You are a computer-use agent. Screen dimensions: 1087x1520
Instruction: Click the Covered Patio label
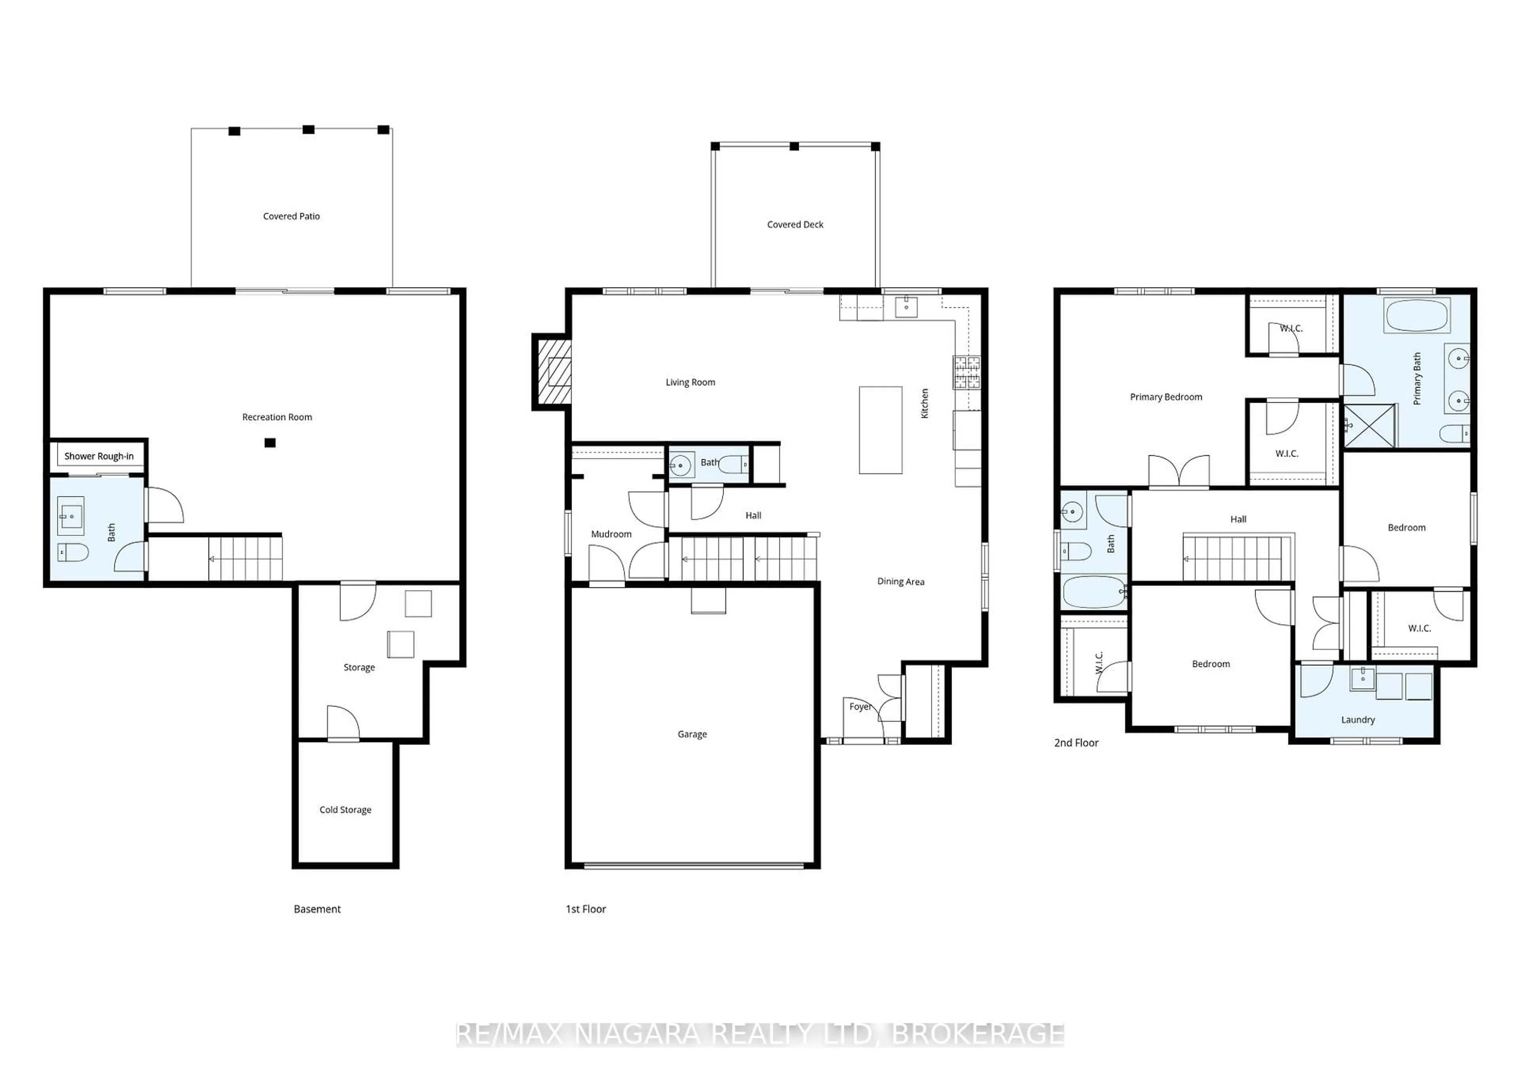[x=291, y=216]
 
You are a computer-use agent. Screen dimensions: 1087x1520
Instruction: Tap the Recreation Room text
[x=277, y=417]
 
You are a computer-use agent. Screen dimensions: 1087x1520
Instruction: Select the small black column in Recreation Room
[x=270, y=442]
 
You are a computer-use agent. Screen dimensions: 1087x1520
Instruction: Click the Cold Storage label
[x=345, y=809]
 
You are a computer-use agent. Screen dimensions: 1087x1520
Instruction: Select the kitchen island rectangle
[x=880, y=430]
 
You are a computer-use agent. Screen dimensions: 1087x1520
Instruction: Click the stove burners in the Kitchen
[x=966, y=372]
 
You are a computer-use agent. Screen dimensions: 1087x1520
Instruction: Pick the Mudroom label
[x=611, y=534]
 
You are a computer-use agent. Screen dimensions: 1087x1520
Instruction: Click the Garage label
[x=692, y=734]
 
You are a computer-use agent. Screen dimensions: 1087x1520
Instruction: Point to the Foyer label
[x=860, y=706]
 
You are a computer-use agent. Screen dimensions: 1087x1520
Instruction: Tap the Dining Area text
[x=900, y=581]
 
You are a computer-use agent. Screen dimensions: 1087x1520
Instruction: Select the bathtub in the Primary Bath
[x=1417, y=315]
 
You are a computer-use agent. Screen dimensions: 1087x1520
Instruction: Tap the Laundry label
[x=1357, y=720]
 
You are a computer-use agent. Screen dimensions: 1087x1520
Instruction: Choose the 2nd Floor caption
[x=1076, y=742]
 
